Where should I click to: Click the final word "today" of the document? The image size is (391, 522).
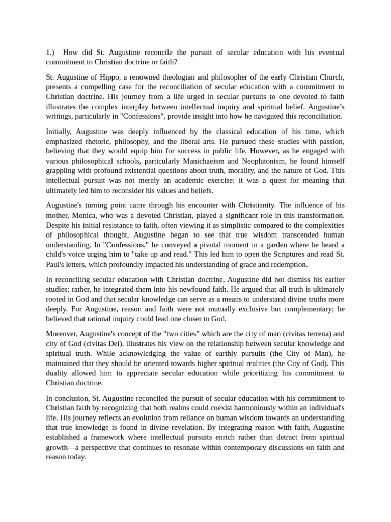click(75, 457)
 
